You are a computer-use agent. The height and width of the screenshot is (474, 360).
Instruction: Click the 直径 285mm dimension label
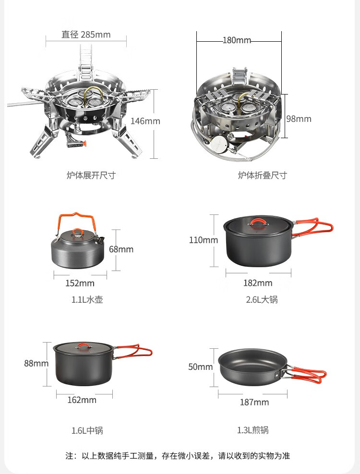86,35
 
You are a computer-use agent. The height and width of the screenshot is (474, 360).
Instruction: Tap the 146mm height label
145,121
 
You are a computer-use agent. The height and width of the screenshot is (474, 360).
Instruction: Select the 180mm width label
237,40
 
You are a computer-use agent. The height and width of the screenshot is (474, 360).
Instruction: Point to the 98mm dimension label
299,119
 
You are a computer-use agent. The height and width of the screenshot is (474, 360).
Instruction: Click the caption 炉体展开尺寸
91,175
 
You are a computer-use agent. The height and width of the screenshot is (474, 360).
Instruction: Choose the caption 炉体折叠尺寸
262,175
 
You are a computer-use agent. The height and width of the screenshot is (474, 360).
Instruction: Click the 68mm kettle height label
121,249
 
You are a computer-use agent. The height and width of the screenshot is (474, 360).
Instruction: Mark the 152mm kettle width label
80,284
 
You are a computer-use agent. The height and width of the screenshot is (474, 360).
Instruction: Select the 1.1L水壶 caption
87,300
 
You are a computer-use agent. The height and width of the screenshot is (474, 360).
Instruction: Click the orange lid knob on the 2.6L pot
258,222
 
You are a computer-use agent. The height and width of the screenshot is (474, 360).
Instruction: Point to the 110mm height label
203,240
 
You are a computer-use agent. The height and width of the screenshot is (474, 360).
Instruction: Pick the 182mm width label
258,283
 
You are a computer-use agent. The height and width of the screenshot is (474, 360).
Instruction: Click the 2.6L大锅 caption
262,300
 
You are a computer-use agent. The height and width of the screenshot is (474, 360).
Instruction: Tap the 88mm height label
36,363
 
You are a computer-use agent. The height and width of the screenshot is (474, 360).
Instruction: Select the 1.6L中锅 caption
87,430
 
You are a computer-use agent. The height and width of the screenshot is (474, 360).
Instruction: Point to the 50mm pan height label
200,367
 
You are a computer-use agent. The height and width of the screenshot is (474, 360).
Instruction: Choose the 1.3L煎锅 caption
252,430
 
